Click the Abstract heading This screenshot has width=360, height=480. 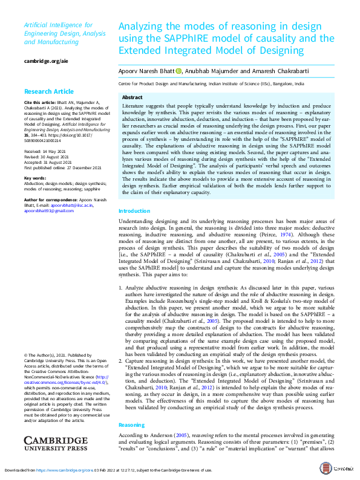coord(133,97)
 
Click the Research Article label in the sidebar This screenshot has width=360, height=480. coord(48,91)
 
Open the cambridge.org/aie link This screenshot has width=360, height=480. coord(45,62)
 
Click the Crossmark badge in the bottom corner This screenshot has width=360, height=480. coord(343,469)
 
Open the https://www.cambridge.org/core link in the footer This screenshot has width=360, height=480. coord(57,469)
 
